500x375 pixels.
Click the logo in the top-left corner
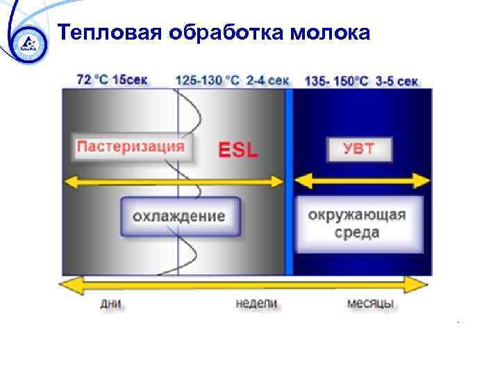[x=26, y=43]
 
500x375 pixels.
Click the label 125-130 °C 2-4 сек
[x=232, y=80]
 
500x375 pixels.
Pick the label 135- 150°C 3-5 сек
[x=361, y=81]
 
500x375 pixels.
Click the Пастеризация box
[x=131, y=147]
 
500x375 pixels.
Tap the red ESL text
[x=238, y=150]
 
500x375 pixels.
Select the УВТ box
[x=358, y=149]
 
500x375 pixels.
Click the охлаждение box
[x=179, y=216]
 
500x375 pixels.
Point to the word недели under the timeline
[x=256, y=303]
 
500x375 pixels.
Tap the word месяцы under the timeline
[x=371, y=303]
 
